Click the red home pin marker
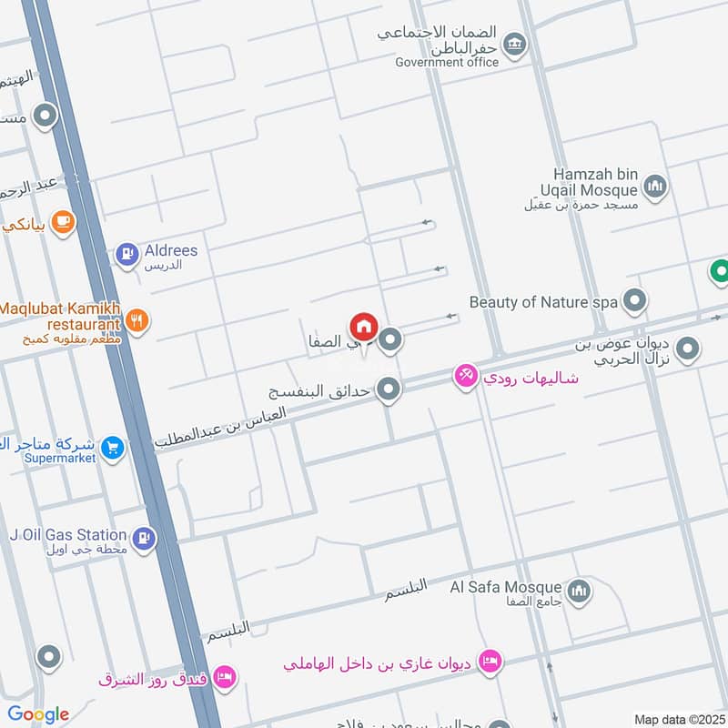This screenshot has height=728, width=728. (x=363, y=327)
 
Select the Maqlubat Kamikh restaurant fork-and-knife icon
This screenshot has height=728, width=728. (x=137, y=319)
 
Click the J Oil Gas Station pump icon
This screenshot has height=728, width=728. (x=143, y=540)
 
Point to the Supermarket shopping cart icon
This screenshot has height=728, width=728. (x=113, y=448)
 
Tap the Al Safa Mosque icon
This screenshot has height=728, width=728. (x=579, y=592)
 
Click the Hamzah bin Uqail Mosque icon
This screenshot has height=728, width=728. (x=654, y=187)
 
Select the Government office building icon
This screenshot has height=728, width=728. (x=515, y=44)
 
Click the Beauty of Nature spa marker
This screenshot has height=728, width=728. (x=635, y=300)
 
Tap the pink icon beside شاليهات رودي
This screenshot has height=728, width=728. (x=466, y=375)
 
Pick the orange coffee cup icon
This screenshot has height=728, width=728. (x=62, y=221)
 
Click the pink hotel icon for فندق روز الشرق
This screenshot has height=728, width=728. (x=225, y=676)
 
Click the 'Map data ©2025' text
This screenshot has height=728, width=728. (x=678, y=719)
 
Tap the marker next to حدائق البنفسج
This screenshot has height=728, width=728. (x=389, y=389)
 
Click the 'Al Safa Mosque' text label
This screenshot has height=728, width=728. (x=505, y=587)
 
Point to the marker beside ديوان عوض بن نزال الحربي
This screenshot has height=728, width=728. (x=688, y=348)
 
